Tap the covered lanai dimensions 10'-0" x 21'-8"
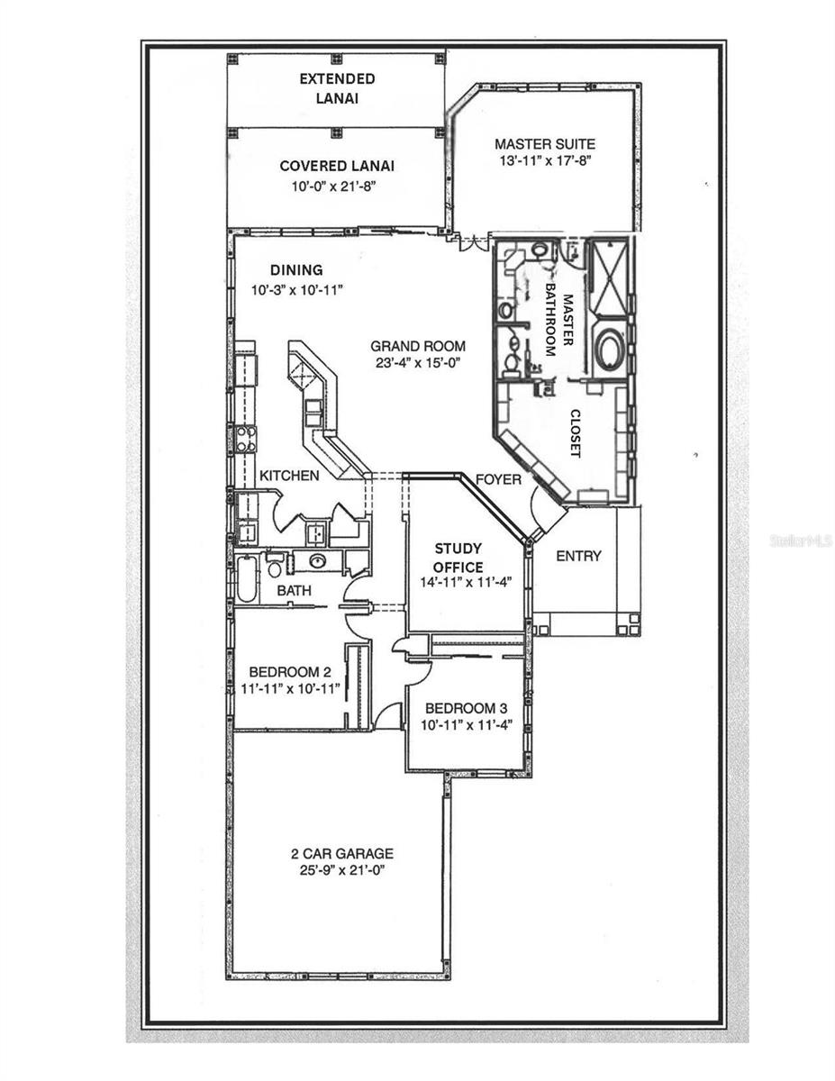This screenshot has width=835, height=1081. pos(337,186)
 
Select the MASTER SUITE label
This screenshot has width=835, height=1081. pos(544,143)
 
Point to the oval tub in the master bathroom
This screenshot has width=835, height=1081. pos(610,349)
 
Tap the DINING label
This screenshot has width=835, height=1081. pos(296,269)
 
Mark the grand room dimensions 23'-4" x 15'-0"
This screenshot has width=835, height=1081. pos(418,364)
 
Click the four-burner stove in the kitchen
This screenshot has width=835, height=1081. pos(245,439)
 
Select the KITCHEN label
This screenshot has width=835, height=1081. pos(289,475)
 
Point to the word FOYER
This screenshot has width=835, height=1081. pos(498,479)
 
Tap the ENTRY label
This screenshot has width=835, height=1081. pos(577,556)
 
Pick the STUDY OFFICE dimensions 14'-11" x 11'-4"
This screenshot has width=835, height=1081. pos(458,582)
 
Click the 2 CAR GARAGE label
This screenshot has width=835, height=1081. pos(341,853)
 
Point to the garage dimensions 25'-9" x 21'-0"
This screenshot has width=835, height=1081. pos(341,871)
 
